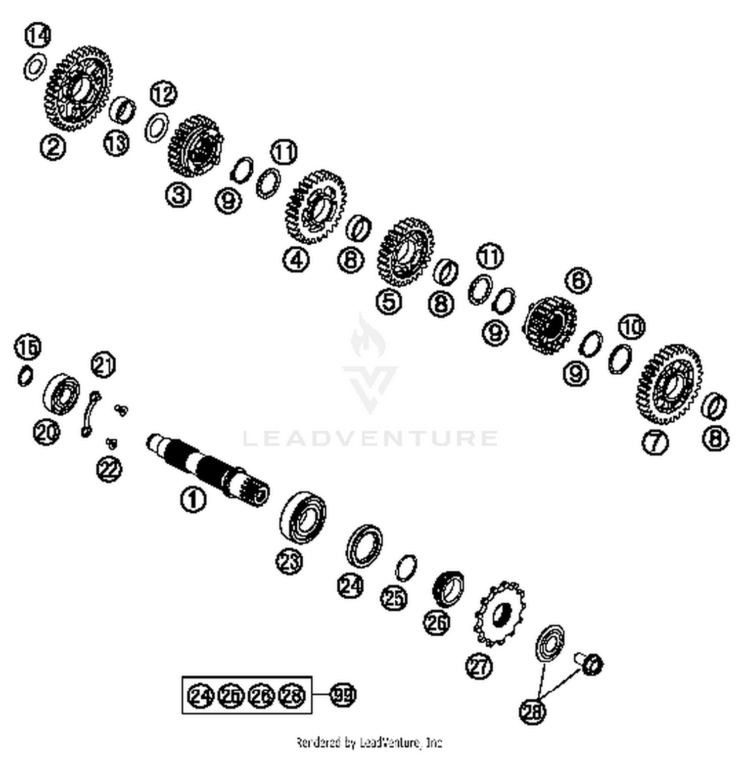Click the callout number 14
coord(38,36)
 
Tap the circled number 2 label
coord(53,147)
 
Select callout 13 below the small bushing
coord(116,144)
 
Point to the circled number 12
coord(163,94)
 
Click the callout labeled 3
coord(178,194)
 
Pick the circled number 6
coord(578,280)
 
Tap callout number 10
coord(632,327)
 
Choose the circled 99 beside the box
coord(342,695)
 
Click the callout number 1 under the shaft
coord(193,499)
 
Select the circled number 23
coord(289,562)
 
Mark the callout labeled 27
coord(479,666)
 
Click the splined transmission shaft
coord(208,470)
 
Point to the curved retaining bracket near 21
coord(90,413)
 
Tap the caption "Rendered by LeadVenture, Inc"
coord(369,742)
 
